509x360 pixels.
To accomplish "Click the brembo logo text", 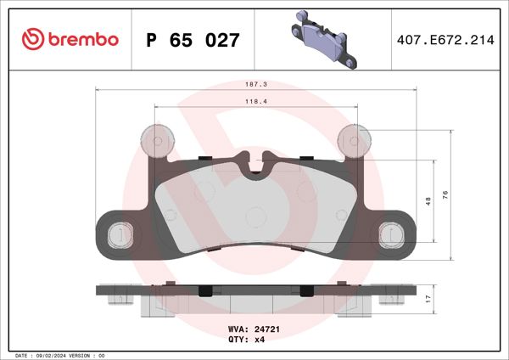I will [x=83, y=39].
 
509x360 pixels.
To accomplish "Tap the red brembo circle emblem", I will [x=32, y=39].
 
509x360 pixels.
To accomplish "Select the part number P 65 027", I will [x=193, y=40].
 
